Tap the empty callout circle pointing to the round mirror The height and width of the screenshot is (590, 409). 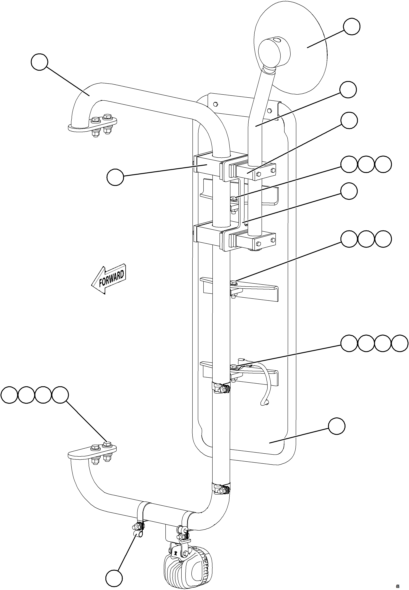352,26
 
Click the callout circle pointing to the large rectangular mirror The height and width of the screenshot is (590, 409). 337,426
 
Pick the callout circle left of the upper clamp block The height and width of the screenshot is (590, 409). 115,177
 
